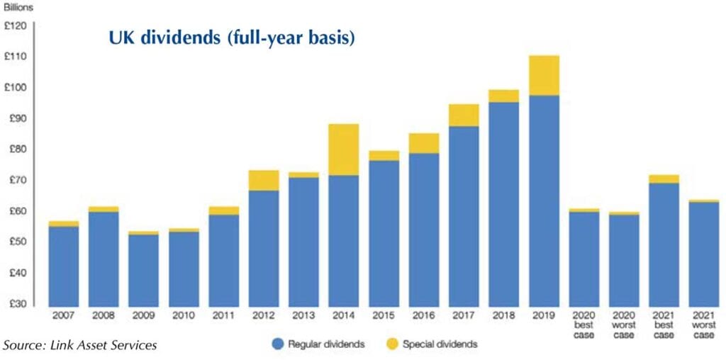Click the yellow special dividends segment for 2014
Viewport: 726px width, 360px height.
coord(344,150)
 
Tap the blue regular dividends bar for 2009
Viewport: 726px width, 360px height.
coord(143,269)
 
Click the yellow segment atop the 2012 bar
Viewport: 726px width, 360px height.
coord(264,180)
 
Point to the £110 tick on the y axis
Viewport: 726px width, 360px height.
coord(16,57)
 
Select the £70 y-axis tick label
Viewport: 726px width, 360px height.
coord(16,180)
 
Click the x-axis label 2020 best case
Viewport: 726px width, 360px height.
coord(584,324)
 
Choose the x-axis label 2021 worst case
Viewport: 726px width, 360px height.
coord(704,324)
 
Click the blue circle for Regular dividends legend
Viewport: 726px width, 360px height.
coord(278,344)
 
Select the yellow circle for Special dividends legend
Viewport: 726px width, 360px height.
coord(392,344)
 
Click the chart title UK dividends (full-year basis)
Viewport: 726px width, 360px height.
coord(231,38)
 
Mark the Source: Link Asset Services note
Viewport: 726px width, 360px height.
coord(80,345)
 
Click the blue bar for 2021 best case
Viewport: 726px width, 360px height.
coord(664,244)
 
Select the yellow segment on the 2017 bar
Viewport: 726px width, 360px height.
coord(464,115)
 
